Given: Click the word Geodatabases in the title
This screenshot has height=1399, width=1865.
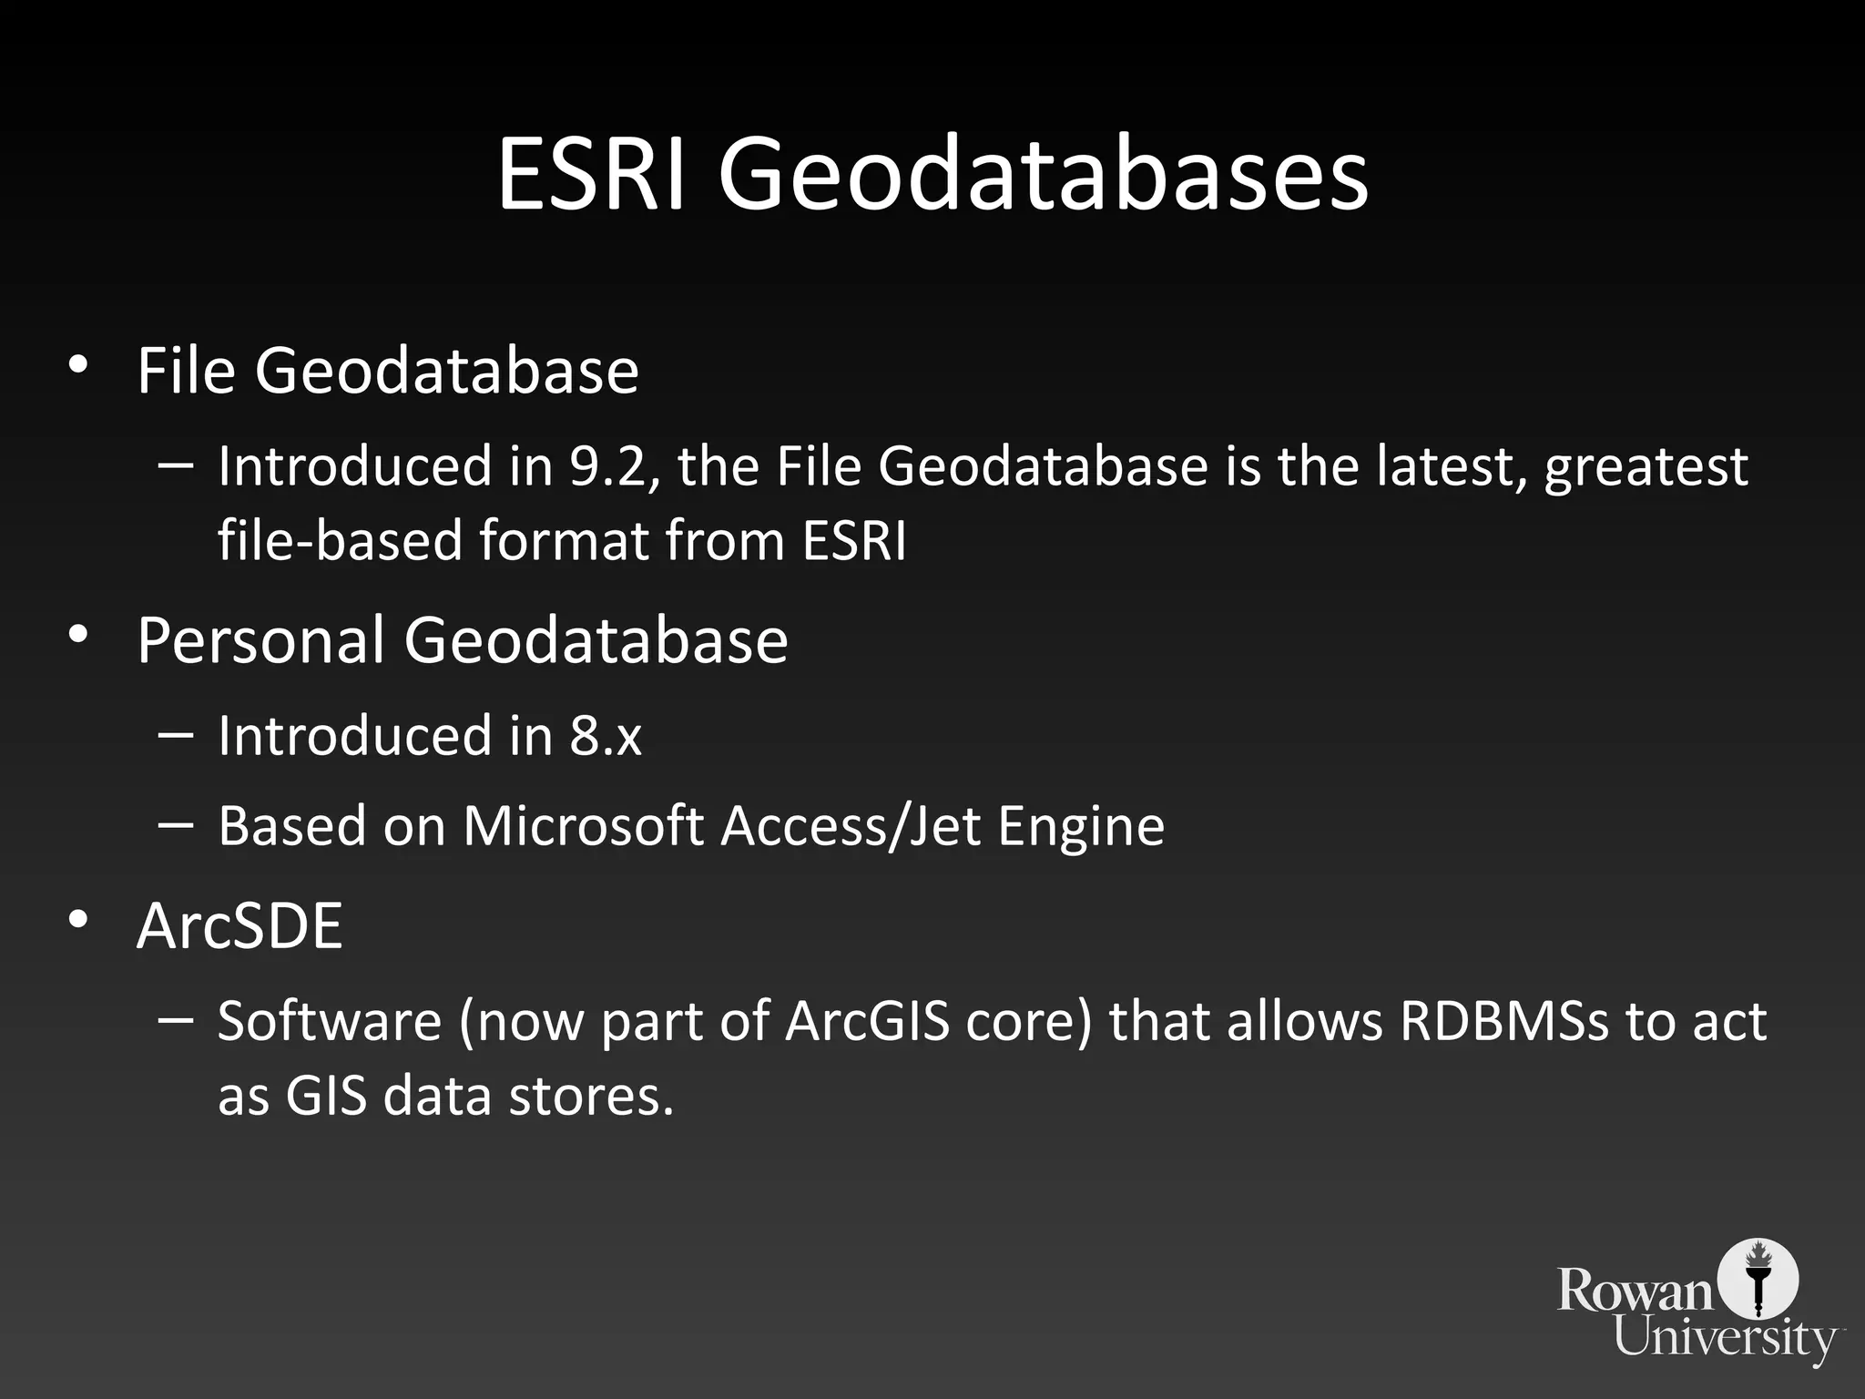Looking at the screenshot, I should [x=1043, y=178].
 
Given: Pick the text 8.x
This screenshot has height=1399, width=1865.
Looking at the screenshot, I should [x=606, y=735].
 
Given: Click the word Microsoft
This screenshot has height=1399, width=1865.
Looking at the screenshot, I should [x=583, y=826].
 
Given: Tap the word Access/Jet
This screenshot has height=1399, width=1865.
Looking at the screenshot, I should [x=851, y=826].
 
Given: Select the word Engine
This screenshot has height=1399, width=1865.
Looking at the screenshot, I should [x=1081, y=826].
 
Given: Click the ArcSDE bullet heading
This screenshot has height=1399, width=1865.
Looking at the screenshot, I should [x=239, y=925].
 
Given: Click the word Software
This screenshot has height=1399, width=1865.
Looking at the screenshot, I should [x=330, y=1021].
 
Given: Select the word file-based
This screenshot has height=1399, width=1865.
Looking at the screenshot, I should [x=341, y=540].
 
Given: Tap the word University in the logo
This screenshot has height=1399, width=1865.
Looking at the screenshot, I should [x=1726, y=1338].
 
